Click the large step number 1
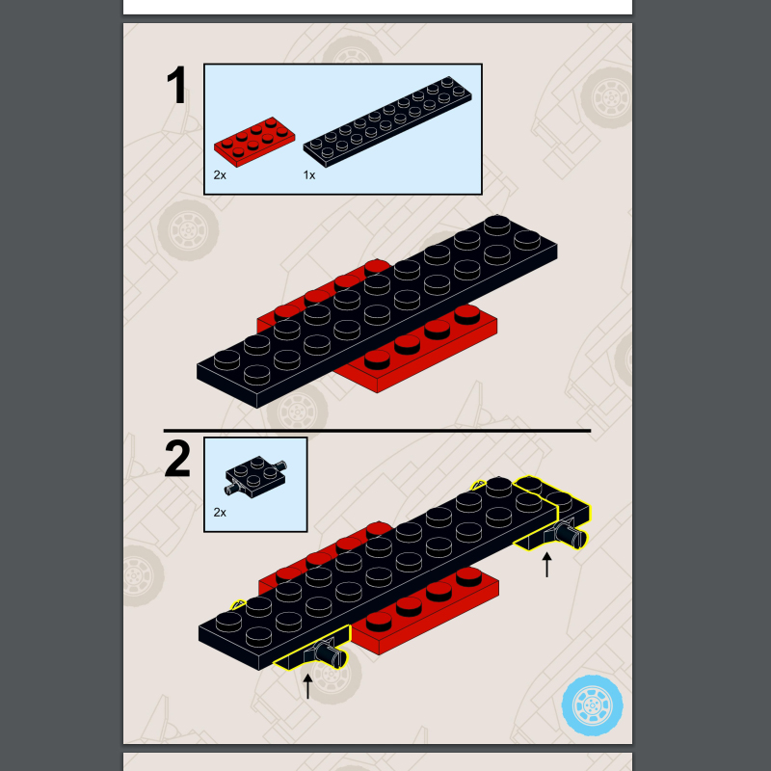tap(178, 87)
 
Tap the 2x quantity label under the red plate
tap(220, 175)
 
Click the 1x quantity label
tap(309, 175)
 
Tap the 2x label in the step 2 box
tap(220, 513)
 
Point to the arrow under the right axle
tap(547, 564)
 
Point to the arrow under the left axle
tap(308, 685)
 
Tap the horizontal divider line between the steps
tap(376, 431)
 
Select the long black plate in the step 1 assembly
tap(376, 308)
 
